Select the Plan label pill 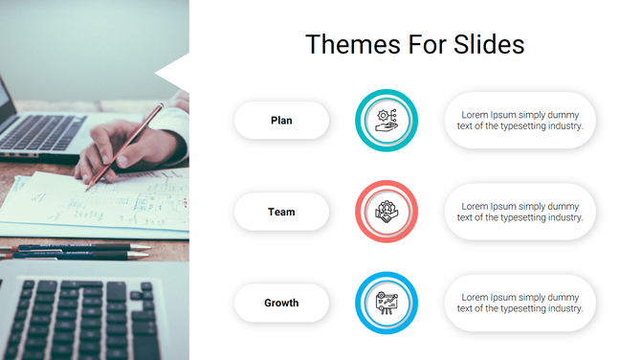click(281, 121)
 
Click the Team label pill click(281, 212)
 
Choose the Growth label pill click(281, 303)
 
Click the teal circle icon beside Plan click(387, 121)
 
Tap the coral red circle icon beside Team click(387, 212)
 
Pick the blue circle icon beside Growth click(387, 304)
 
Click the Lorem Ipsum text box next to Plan click(519, 121)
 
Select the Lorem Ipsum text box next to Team click(519, 212)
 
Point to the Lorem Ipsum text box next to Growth click(519, 304)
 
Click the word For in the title click(422, 45)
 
